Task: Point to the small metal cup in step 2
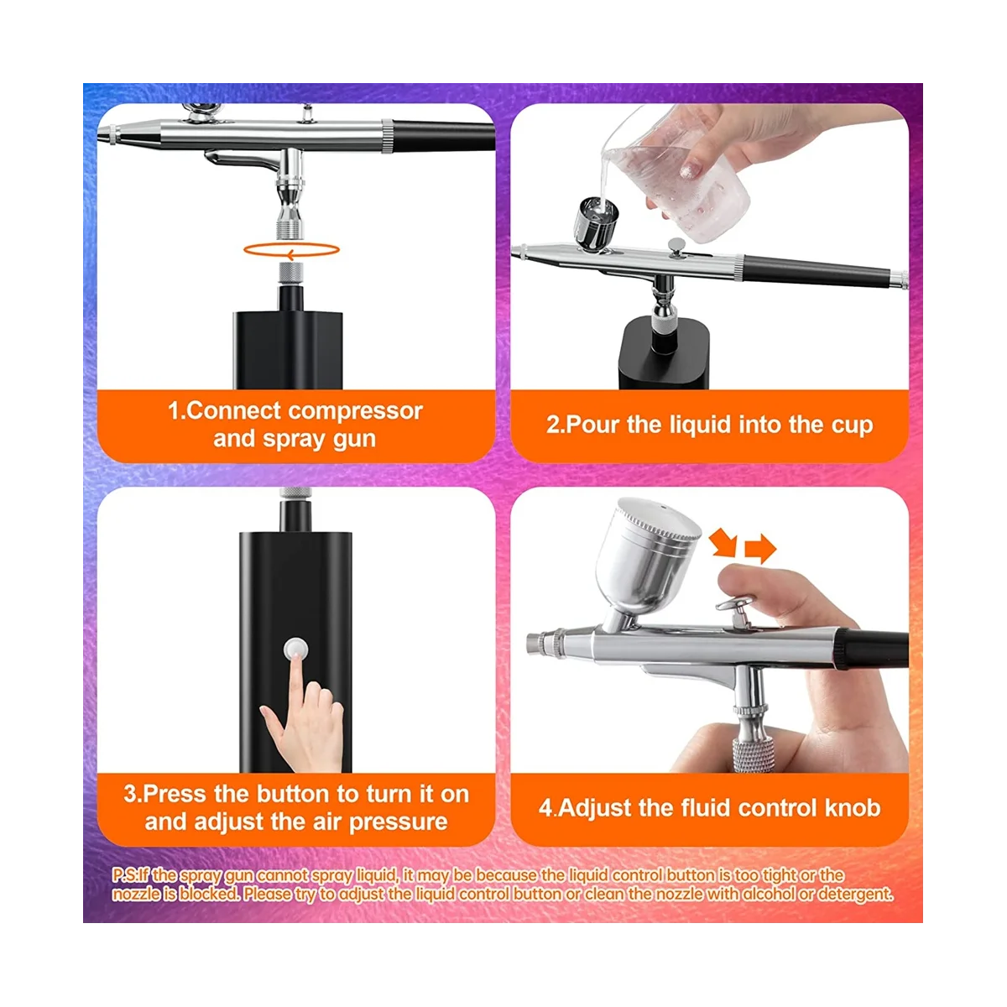point(595,222)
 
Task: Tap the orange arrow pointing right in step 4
point(760,550)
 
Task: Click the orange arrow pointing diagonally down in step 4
point(723,543)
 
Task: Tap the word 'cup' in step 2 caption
point(853,425)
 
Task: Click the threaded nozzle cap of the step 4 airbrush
point(544,645)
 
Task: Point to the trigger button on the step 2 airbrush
point(674,244)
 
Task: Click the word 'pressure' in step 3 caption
point(398,822)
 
